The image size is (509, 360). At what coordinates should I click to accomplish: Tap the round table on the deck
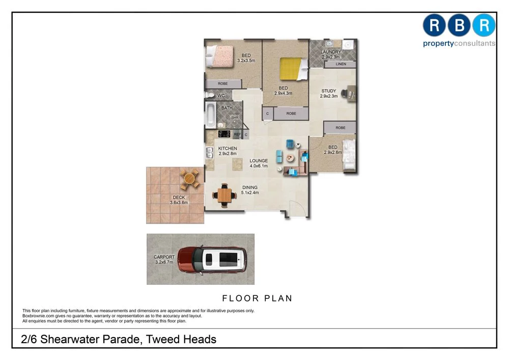pyautogui.click(x=190, y=179)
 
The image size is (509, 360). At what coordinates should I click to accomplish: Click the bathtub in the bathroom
pyautogui.click(x=210, y=115)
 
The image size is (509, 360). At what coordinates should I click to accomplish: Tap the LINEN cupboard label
pyautogui.click(x=341, y=64)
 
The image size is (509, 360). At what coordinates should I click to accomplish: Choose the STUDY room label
pyautogui.click(x=328, y=91)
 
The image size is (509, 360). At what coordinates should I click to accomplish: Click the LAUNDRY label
pyautogui.click(x=331, y=52)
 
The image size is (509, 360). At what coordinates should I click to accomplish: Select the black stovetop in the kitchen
pyautogui.click(x=224, y=134)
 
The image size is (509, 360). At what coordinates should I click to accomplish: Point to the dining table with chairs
pyautogui.click(x=224, y=195)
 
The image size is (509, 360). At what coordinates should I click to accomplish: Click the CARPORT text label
pyautogui.click(x=164, y=257)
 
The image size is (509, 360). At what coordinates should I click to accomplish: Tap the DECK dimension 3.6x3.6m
pyautogui.click(x=179, y=203)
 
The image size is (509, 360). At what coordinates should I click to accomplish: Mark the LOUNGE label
pyautogui.click(x=259, y=161)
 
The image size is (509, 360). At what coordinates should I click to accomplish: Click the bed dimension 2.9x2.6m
pyautogui.click(x=332, y=152)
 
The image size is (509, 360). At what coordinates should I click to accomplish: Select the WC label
pyautogui.click(x=221, y=96)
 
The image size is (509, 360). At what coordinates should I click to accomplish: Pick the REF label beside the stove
pyautogui.click(x=237, y=134)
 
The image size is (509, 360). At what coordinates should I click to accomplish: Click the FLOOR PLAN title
pyautogui.click(x=258, y=298)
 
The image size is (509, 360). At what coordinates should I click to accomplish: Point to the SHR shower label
pyautogui.click(x=235, y=118)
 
